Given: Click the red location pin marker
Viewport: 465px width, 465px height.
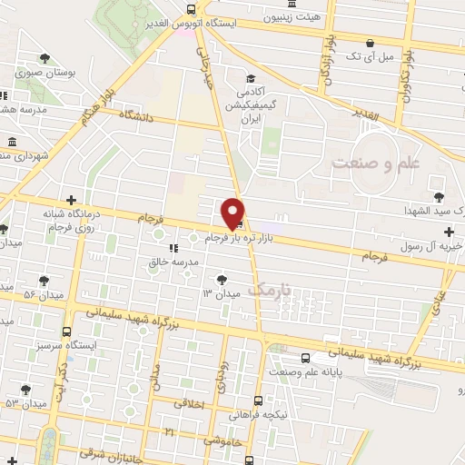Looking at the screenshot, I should coord(233,213).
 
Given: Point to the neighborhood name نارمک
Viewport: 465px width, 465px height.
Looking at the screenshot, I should coord(272,290).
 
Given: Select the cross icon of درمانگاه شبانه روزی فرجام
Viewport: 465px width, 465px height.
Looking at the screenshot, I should coord(71,200).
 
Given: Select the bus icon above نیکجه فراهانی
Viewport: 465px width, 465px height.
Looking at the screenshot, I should coord(260,400).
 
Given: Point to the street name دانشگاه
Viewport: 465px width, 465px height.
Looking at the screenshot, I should coord(135,117).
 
